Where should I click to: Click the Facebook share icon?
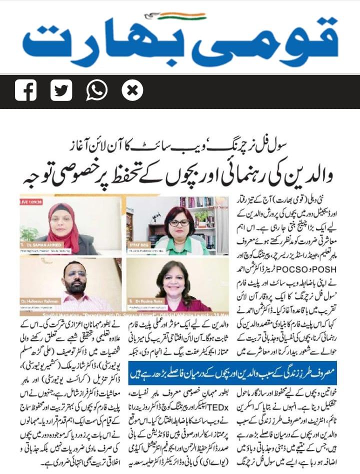pyautogui.click(x=25, y=90)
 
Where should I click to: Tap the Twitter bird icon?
pyautogui.click(x=61, y=90)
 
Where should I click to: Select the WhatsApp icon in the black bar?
pyautogui.click(x=96, y=90)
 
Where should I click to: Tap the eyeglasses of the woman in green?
pyautogui.click(x=178, y=222)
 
